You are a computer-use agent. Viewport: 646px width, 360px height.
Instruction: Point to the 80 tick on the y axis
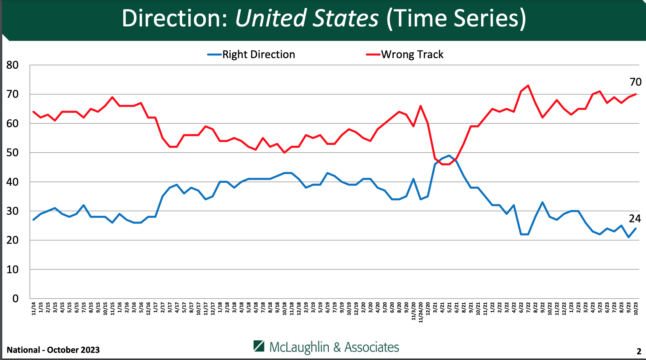12,65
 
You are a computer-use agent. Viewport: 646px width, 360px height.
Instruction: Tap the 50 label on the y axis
12,152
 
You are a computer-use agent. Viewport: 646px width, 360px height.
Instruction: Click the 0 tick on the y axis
15,298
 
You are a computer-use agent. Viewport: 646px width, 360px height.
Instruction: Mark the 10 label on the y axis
12,269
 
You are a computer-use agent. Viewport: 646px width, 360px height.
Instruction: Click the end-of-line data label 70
635,82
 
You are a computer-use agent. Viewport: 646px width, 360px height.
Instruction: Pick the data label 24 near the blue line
635,218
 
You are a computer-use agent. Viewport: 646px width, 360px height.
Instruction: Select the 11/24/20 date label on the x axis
421,312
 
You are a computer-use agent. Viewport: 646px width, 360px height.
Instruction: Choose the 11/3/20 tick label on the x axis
414,311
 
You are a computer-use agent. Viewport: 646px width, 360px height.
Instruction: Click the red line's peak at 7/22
528,85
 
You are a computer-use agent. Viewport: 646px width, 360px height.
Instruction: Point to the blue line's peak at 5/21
449,155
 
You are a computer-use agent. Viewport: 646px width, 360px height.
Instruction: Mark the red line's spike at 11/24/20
420,106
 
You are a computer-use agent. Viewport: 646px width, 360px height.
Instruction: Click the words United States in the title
306,18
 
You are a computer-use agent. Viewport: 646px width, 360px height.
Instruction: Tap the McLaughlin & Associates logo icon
259,346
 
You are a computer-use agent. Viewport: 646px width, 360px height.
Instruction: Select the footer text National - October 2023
53,350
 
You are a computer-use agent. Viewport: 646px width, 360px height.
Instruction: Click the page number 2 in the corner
639,351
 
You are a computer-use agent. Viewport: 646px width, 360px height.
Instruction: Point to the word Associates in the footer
372,347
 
